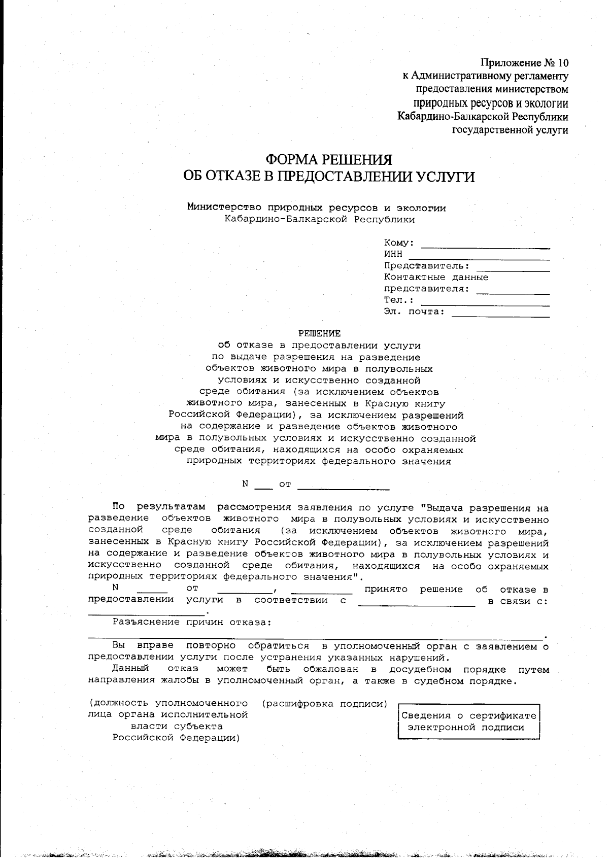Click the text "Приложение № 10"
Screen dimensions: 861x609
524,63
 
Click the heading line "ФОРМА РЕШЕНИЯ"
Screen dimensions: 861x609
329,160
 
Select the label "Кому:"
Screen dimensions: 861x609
399,243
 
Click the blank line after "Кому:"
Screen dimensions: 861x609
485,246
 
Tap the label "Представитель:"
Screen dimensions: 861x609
426,266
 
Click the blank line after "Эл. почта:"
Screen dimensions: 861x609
500,315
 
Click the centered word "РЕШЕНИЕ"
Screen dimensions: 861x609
319,333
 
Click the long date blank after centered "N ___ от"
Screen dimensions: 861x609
343,488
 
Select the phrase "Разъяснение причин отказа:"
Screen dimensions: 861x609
192,622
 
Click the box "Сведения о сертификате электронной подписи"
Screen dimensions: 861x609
468,721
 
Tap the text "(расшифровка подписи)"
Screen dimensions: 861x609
325,704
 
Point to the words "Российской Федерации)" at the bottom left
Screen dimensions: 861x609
176,738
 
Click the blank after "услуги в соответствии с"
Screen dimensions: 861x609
417,604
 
